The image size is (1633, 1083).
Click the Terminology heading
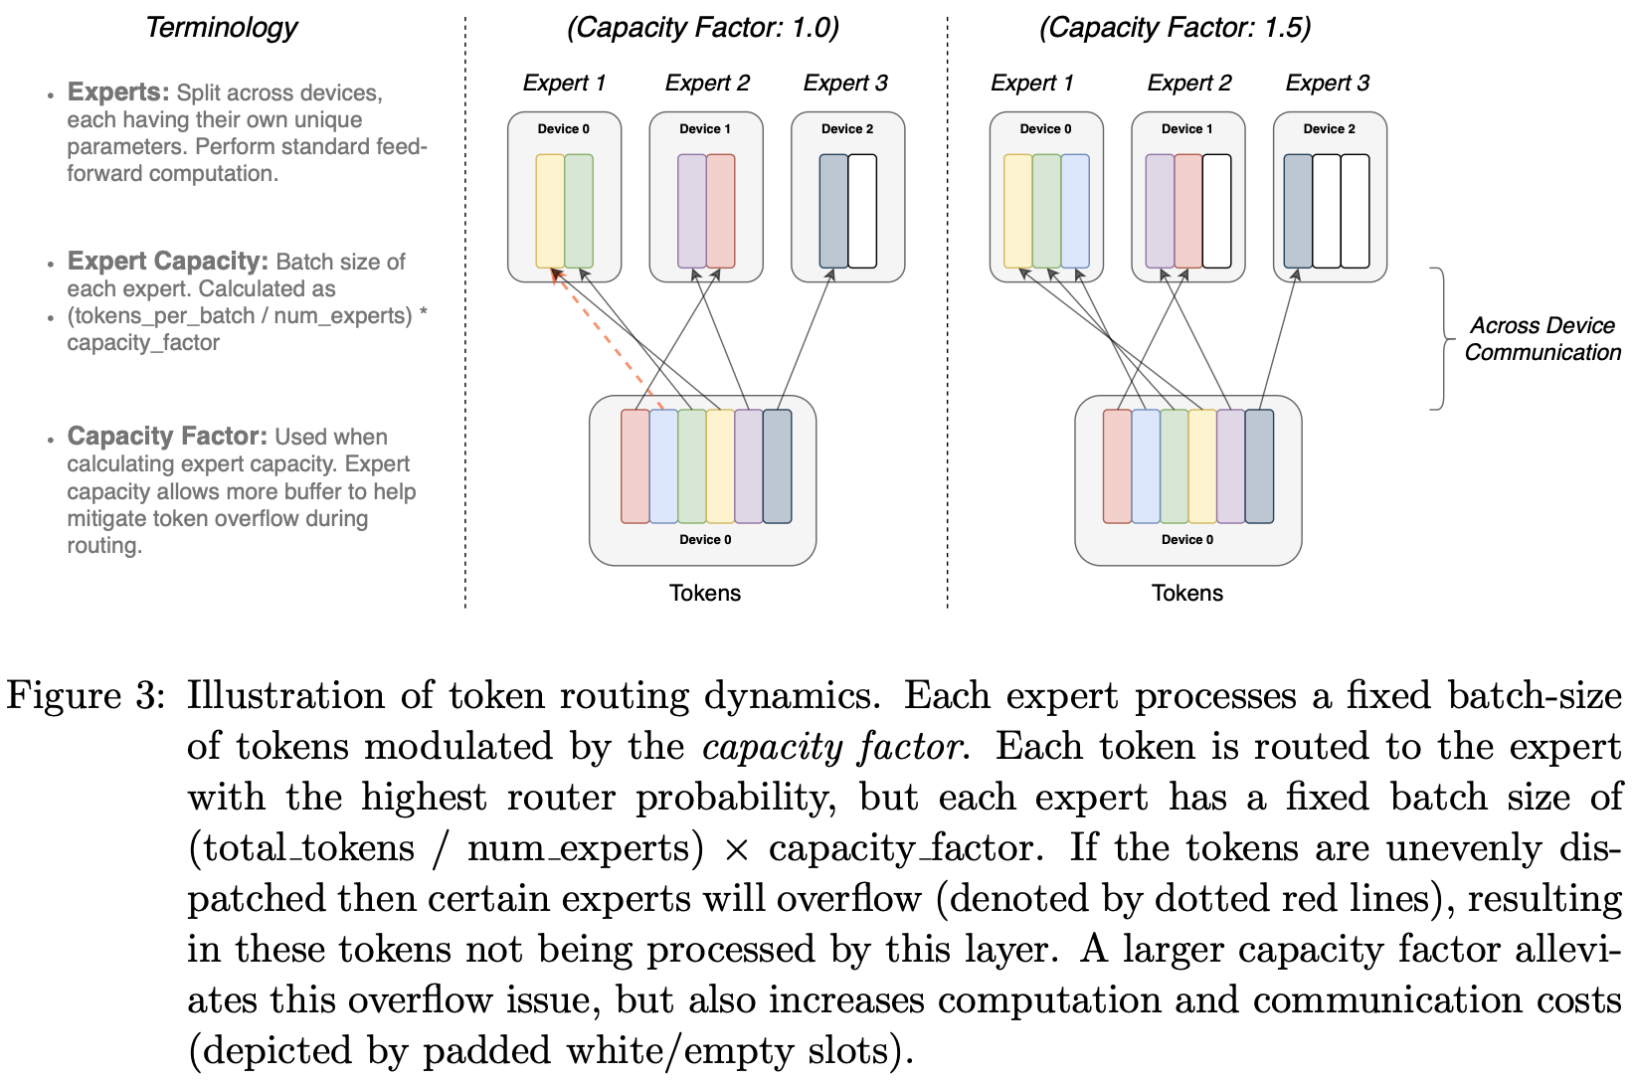coord(221,28)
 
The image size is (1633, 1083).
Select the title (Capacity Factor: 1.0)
coord(703,28)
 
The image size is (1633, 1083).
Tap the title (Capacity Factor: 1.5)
coord(1175,28)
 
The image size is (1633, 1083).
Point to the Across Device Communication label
coord(1542,339)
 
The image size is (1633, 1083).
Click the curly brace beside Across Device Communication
coord(1439,338)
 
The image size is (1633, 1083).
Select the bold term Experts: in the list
coord(118,92)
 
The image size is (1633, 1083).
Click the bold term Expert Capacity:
coord(167,262)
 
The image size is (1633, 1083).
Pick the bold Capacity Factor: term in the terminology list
coord(167,437)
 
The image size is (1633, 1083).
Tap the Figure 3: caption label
coord(85,696)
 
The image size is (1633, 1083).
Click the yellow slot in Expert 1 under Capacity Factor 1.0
coord(550,211)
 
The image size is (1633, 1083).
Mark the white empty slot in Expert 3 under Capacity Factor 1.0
coord(862,211)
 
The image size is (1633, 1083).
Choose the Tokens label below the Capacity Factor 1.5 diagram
coord(1187,594)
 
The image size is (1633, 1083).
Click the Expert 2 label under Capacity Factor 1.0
coord(707,84)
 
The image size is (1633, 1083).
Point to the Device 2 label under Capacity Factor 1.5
coord(1329,129)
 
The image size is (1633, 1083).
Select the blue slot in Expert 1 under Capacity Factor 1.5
coord(1075,211)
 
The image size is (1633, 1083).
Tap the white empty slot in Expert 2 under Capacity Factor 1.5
coord(1216,211)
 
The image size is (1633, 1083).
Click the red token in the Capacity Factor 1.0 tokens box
coord(635,466)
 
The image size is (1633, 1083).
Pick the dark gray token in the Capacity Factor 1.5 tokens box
coord(1259,466)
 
